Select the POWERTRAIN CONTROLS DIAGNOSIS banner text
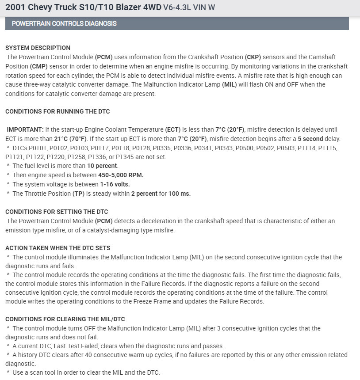pyautogui.click(x=64, y=23)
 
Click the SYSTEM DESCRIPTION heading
pyautogui.click(x=38, y=48)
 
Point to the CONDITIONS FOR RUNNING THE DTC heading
pyautogui.click(x=57, y=111)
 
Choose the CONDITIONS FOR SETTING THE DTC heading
pyautogui.click(x=57, y=212)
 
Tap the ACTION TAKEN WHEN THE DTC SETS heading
pyautogui.click(x=58, y=248)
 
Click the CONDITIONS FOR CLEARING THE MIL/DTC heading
pyautogui.click(x=68, y=319)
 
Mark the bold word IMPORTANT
pyautogui.click(x=25, y=129)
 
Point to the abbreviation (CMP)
pyautogui.click(x=39, y=66)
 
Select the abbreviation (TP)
pyautogui.click(x=78, y=194)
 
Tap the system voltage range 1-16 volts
pyautogui.click(x=115, y=184)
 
